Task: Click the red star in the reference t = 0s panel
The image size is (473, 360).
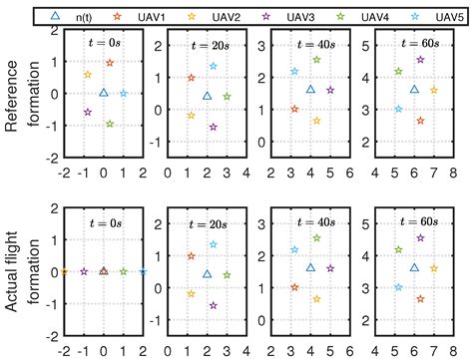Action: pos(109,63)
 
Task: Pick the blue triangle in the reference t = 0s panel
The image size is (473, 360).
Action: pos(104,93)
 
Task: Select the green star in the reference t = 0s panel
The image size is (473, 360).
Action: pos(110,124)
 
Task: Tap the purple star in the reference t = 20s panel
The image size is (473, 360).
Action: pos(213,128)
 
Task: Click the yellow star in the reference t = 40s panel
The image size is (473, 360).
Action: pos(316,121)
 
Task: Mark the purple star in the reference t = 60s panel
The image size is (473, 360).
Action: pos(420,60)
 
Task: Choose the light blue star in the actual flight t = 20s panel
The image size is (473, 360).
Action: pos(213,244)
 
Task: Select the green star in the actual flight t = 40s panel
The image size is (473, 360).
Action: pos(316,238)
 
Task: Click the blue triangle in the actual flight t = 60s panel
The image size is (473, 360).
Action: pos(414,267)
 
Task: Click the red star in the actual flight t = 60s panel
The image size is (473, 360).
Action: pos(420,299)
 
